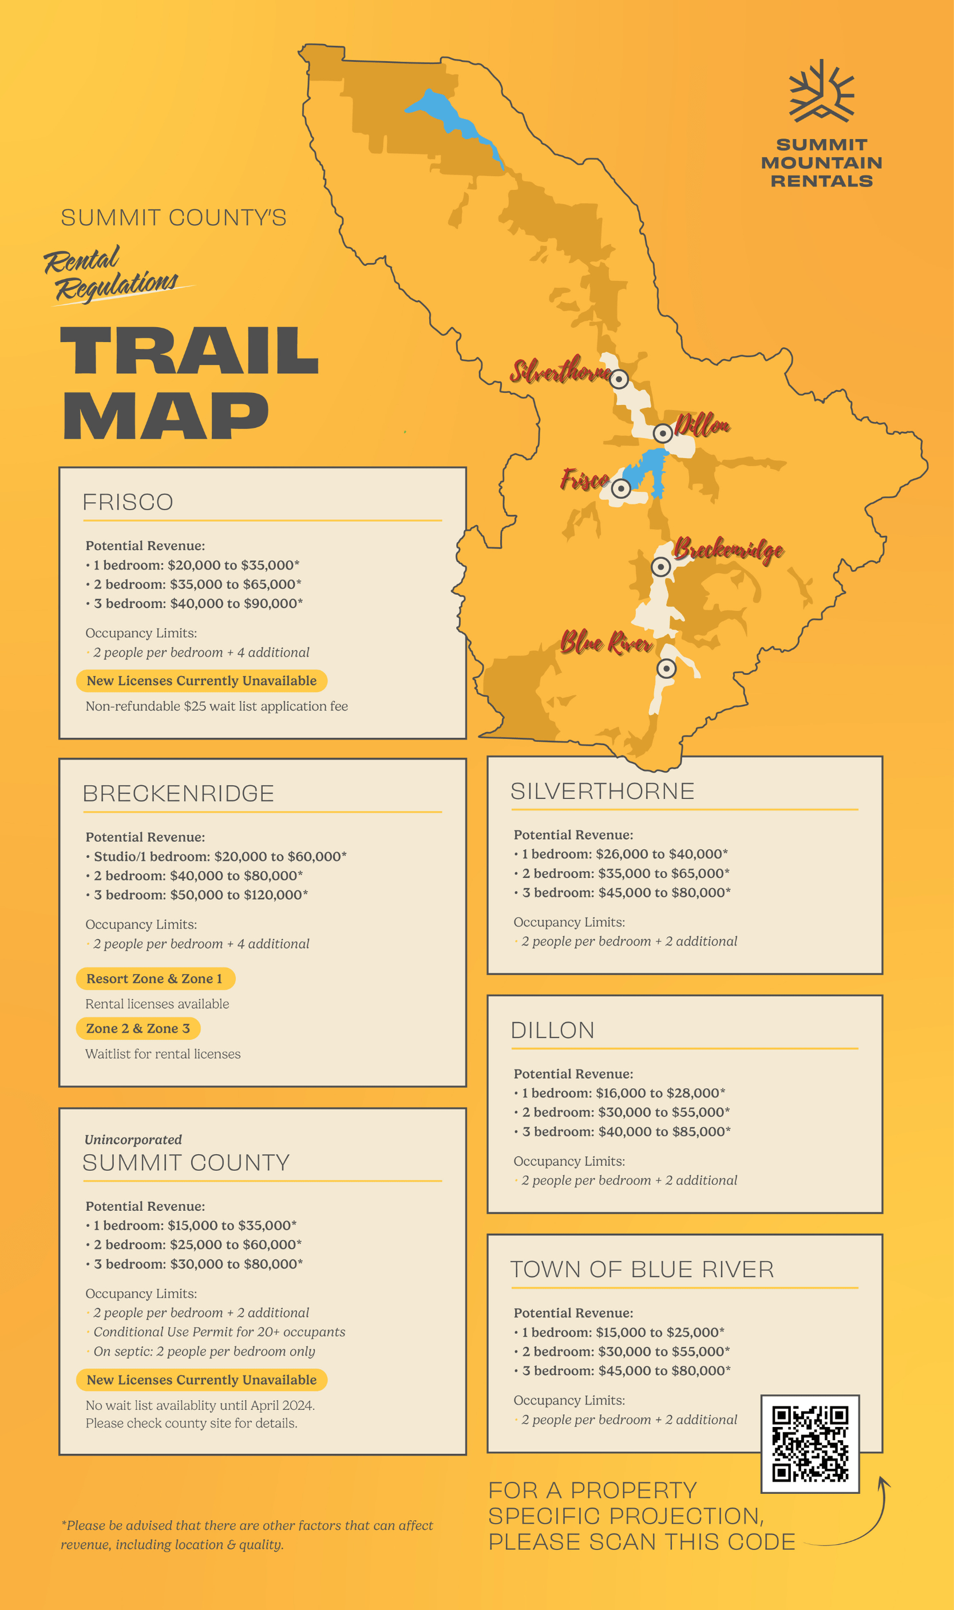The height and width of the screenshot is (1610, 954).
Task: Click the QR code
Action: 810,1443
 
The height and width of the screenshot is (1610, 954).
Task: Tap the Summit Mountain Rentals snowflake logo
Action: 822,92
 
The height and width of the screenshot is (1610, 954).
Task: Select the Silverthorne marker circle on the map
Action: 619,379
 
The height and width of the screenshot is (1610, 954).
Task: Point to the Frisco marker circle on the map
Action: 620,489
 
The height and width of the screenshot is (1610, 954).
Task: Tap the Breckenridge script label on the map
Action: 728,550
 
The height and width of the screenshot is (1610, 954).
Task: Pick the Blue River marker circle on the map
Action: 667,669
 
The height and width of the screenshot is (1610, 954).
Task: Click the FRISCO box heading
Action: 128,502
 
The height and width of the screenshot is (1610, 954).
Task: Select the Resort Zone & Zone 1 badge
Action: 155,979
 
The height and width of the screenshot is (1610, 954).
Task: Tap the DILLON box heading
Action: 552,1031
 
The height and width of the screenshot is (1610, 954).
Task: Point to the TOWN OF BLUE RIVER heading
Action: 642,1270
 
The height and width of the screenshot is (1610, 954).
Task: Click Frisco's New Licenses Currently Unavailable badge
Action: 201,681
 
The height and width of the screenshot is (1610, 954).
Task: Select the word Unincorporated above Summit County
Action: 133,1140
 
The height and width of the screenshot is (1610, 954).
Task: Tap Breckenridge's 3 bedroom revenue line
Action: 200,895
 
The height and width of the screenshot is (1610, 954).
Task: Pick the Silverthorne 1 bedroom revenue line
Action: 624,854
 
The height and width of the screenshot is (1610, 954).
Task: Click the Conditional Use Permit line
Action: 219,1332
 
